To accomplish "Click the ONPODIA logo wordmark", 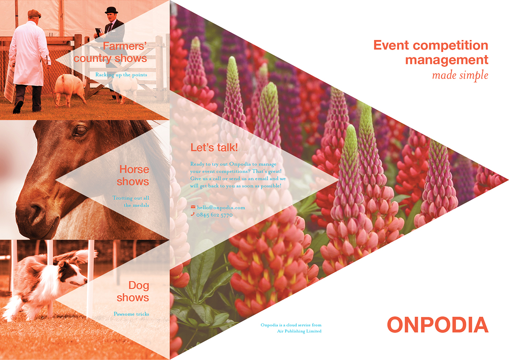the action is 438,324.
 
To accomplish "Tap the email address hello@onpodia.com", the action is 221,207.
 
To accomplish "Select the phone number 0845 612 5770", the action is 214,215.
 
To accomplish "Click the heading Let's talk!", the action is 214,148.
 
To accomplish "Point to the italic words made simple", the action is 460,75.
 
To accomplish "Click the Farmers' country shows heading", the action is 110,52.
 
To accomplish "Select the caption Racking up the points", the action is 121,75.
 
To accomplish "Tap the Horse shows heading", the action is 133,176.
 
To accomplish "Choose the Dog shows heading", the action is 133,291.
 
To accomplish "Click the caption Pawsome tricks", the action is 131,314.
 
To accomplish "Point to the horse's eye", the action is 81,130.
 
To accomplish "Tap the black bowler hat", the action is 111,10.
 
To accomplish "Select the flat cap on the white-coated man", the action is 34,14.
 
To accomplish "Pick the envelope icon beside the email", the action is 193,207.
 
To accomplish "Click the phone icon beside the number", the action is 193,214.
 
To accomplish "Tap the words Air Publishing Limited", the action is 299,331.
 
